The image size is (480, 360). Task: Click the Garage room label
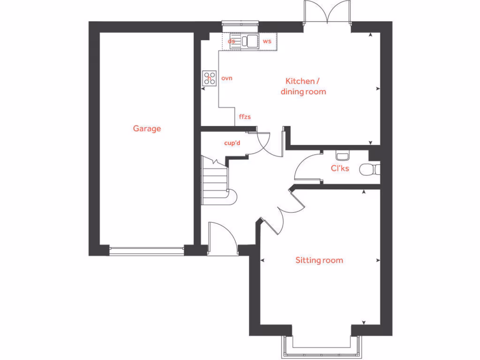pyautogui.click(x=147, y=128)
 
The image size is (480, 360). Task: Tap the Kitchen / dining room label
pyautogui.click(x=303, y=87)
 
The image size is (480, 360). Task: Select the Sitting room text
pyautogui.click(x=319, y=260)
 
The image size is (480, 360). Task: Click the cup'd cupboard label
pyautogui.click(x=232, y=143)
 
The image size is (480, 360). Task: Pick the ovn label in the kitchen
pyautogui.click(x=227, y=78)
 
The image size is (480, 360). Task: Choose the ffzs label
pyautogui.click(x=245, y=117)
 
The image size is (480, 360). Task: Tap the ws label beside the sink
pyautogui.click(x=267, y=41)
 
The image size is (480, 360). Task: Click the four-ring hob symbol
pyautogui.click(x=209, y=78)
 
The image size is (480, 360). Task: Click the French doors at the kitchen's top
pyautogui.click(x=327, y=14)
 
